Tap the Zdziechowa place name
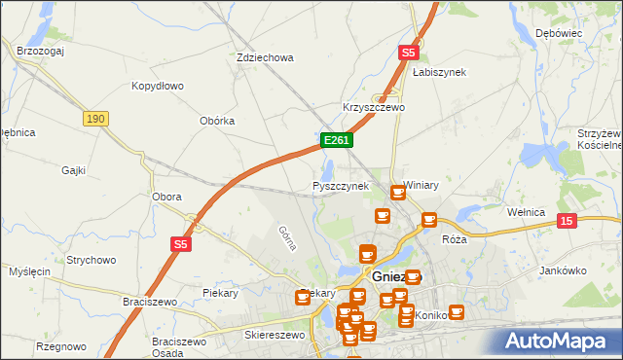(x=265, y=57)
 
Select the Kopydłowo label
(x=158, y=86)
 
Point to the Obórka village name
(x=217, y=121)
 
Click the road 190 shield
(x=94, y=118)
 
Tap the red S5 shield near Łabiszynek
(x=409, y=54)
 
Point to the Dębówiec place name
(x=558, y=33)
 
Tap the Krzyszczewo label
(x=373, y=107)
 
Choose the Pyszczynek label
(x=340, y=186)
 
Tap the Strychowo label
(x=92, y=260)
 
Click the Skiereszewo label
(x=275, y=334)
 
